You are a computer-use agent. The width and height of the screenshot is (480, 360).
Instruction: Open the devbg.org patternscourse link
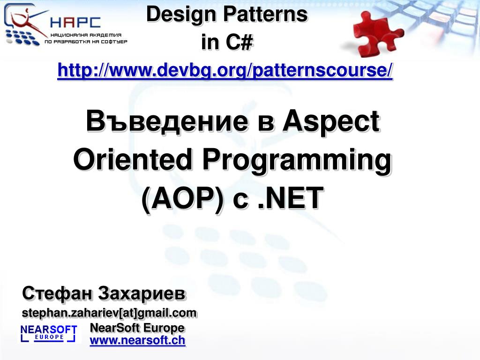tap(225, 70)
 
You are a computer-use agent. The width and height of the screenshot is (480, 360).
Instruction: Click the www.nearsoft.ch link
tap(137, 340)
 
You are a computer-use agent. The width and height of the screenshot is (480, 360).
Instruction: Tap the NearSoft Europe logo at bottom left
tap(48, 333)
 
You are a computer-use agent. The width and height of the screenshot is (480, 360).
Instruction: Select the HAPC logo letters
tap(75, 22)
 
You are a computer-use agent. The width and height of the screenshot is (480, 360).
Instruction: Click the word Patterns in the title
tap(265, 15)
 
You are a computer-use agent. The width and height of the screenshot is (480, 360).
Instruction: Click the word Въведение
tap(167, 121)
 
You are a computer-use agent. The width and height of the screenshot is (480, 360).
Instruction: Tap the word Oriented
tap(132, 159)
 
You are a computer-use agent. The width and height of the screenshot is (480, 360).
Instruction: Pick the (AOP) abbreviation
tap(182, 199)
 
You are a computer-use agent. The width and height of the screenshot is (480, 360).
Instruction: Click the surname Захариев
tap(142, 293)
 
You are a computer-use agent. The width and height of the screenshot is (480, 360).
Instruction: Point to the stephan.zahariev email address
tap(109, 313)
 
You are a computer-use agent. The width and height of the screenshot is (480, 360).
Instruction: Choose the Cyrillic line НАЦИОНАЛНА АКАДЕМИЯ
tap(86, 35)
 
